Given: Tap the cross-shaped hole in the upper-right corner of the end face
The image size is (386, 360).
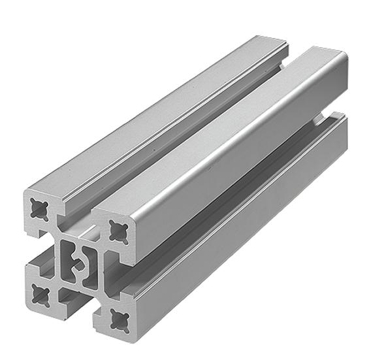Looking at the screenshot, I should click(118, 230).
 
